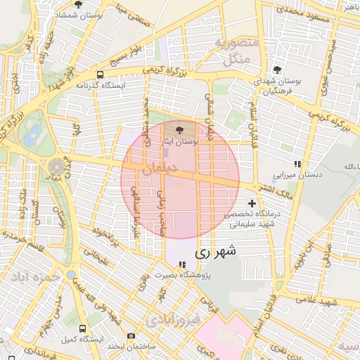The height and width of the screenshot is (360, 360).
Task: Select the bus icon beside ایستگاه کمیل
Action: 84,328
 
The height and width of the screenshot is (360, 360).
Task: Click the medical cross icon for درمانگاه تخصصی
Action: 252,203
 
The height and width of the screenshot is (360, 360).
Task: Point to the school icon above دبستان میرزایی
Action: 297,164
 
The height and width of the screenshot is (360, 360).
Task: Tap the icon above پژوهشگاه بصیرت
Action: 183,265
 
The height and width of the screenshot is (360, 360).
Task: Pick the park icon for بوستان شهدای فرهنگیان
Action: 278,69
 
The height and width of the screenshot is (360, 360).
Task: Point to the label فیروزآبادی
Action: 174,321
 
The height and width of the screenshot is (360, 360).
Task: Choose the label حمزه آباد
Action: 34,277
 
